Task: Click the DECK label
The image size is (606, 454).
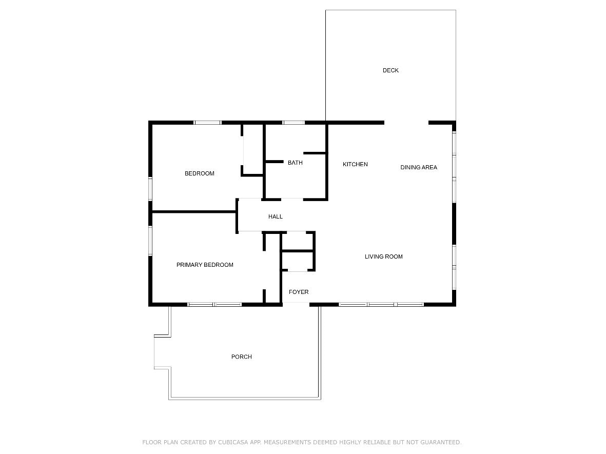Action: [390, 70]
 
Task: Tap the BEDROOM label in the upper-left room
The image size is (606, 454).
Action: [200, 173]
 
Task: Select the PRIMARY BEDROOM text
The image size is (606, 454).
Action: [205, 265]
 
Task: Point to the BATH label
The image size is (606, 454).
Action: [295, 163]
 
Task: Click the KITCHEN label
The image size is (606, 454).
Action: [355, 164]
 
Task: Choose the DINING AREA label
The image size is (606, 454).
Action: [419, 167]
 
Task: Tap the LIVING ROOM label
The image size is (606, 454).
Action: [384, 256]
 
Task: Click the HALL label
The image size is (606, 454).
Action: [276, 217]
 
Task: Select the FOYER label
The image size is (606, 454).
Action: [299, 292]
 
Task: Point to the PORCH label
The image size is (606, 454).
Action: [242, 357]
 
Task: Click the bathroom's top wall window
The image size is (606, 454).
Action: [294, 123]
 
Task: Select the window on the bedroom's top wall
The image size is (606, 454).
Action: [207, 123]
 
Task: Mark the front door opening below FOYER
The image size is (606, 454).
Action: [296, 305]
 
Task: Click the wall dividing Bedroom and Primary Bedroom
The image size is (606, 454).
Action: [194, 212]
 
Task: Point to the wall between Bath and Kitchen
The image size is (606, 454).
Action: [326, 162]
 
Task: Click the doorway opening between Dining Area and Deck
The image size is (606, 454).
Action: [406, 123]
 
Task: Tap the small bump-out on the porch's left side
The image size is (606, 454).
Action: [162, 351]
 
